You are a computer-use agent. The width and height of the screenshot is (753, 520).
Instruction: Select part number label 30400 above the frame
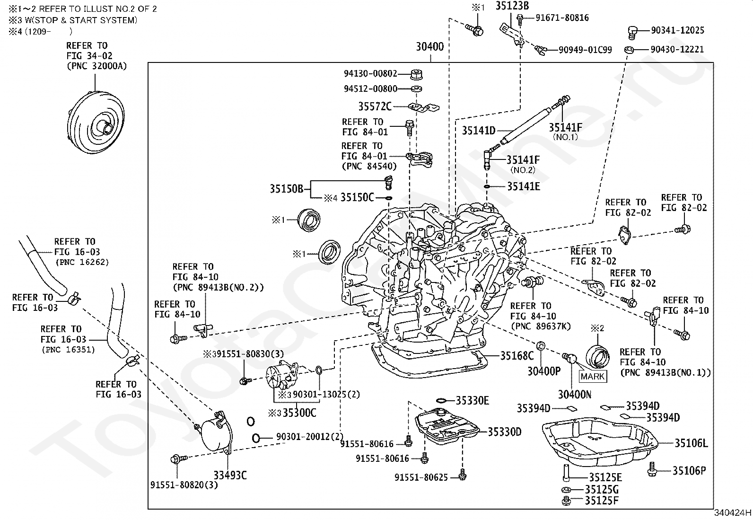tap(430, 46)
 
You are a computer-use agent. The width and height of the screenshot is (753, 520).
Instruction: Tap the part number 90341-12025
tap(677, 30)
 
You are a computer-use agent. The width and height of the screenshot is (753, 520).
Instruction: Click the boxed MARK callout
tap(592, 376)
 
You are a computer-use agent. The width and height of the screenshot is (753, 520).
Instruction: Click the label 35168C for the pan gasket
tap(517, 355)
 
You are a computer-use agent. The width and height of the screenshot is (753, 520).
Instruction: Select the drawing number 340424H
tap(733, 512)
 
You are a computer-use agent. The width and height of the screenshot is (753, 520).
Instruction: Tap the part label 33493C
tap(230, 475)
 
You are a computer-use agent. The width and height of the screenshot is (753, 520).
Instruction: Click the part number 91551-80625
tap(421, 477)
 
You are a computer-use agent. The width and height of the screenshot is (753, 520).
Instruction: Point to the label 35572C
tap(375, 106)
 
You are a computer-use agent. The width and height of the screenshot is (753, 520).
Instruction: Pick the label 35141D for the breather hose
tap(479, 131)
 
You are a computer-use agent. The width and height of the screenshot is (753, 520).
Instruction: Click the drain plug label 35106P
tap(689, 471)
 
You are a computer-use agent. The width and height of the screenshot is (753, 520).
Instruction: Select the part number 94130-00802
tap(370, 73)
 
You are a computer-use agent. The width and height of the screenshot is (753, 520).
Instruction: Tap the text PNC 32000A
tap(97, 66)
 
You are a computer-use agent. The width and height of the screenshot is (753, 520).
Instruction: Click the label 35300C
tap(299, 413)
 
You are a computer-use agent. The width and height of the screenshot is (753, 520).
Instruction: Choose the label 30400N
tap(575, 394)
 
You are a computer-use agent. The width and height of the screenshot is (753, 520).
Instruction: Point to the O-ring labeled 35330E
tap(441, 401)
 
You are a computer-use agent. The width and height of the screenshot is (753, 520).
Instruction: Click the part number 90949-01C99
tap(585, 50)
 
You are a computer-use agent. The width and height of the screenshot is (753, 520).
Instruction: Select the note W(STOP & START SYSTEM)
tap(81, 20)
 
